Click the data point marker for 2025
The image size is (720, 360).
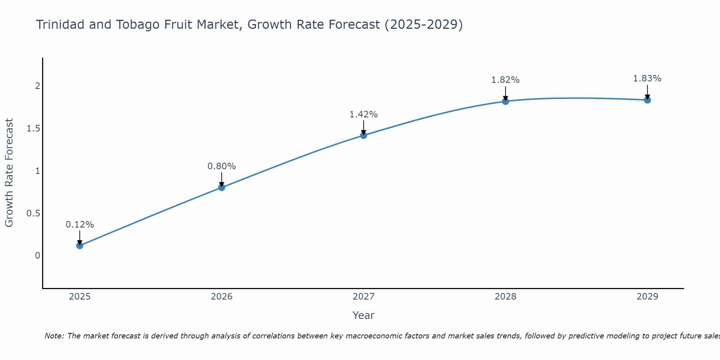[x=80, y=246]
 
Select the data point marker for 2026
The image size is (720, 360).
[x=221, y=187]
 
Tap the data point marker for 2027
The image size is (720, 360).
[x=363, y=135]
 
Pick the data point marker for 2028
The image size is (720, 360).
[x=505, y=101]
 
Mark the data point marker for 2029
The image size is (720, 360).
[x=647, y=100]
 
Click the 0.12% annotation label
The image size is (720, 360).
[x=80, y=225]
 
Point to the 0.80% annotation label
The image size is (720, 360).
[x=221, y=166]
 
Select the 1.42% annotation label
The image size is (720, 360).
[x=363, y=114]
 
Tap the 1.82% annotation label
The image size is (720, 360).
[x=505, y=80]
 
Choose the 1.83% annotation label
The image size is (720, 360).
[x=647, y=78]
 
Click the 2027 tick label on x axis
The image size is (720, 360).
[x=363, y=297]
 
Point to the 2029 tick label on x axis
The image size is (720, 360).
[x=647, y=297]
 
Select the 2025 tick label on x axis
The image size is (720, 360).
[x=80, y=297]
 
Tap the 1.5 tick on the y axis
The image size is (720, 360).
[x=33, y=129]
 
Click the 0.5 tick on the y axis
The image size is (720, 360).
[x=33, y=213]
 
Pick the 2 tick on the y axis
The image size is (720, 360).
[x=37, y=86]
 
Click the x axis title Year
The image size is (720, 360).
[x=363, y=315]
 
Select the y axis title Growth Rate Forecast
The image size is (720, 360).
[x=9, y=172]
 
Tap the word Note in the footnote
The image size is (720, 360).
[x=54, y=336]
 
